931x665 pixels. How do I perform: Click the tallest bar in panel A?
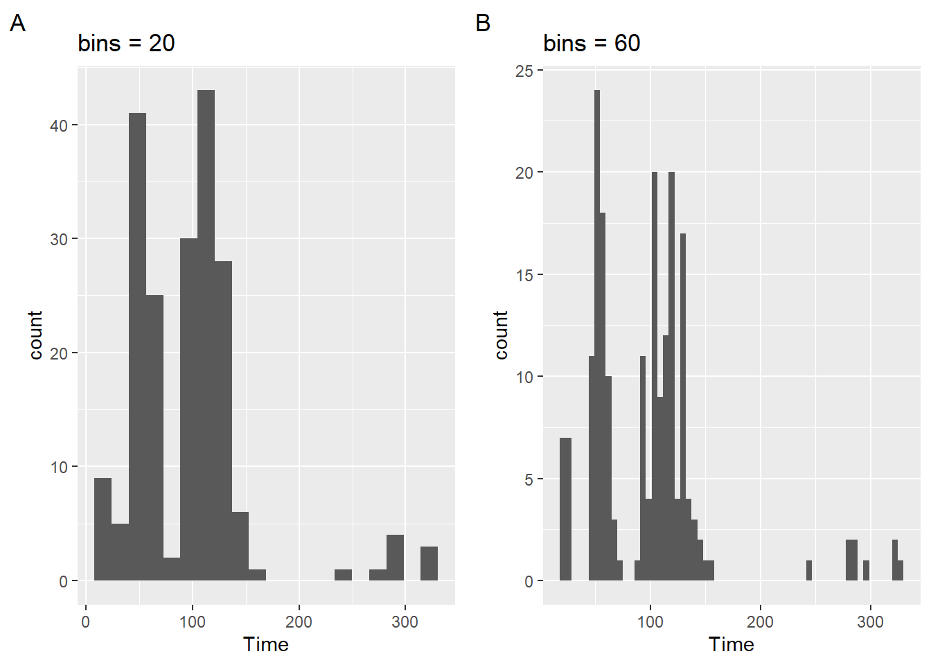206,335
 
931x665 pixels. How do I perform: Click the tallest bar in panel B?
597,335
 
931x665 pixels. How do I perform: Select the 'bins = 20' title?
126,43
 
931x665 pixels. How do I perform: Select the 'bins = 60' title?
592,43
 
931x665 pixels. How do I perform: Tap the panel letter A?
17,23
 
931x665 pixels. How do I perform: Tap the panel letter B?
483,23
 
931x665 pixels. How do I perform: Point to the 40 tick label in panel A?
59,125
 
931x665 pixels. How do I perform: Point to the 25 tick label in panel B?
524,71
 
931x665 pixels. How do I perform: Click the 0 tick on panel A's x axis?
86,622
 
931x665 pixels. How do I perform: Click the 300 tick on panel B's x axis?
870,622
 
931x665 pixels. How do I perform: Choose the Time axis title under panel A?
265,645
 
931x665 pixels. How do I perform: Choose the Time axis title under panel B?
731,645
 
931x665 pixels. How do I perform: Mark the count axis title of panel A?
36,335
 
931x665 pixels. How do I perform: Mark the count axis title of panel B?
502,335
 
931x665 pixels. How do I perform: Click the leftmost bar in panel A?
103,529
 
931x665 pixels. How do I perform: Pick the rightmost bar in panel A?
429,564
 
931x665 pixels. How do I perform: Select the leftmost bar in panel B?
566,509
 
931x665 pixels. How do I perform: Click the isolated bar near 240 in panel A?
344,575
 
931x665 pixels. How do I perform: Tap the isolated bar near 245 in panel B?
809,571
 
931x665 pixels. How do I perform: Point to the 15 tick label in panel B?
524,275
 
